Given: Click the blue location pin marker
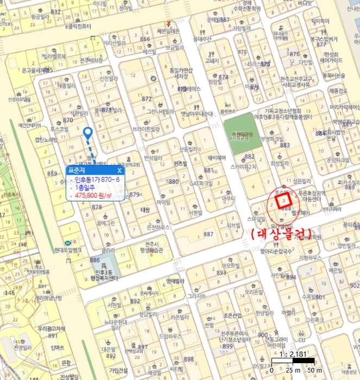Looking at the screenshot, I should (87, 132).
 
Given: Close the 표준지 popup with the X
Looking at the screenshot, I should (119, 170).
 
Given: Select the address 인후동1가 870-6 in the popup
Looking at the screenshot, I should (97, 179).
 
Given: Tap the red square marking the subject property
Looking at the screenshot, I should (284, 201).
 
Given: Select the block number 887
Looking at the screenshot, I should (208, 234).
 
